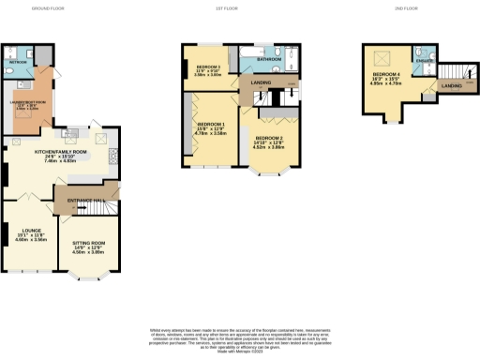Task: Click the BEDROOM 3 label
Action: pyautogui.click(x=208, y=67)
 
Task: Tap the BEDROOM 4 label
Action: pyautogui.click(x=386, y=74)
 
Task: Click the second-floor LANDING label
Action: pyautogui.click(x=451, y=87)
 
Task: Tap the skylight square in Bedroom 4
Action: pyautogui.click(x=381, y=55)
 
